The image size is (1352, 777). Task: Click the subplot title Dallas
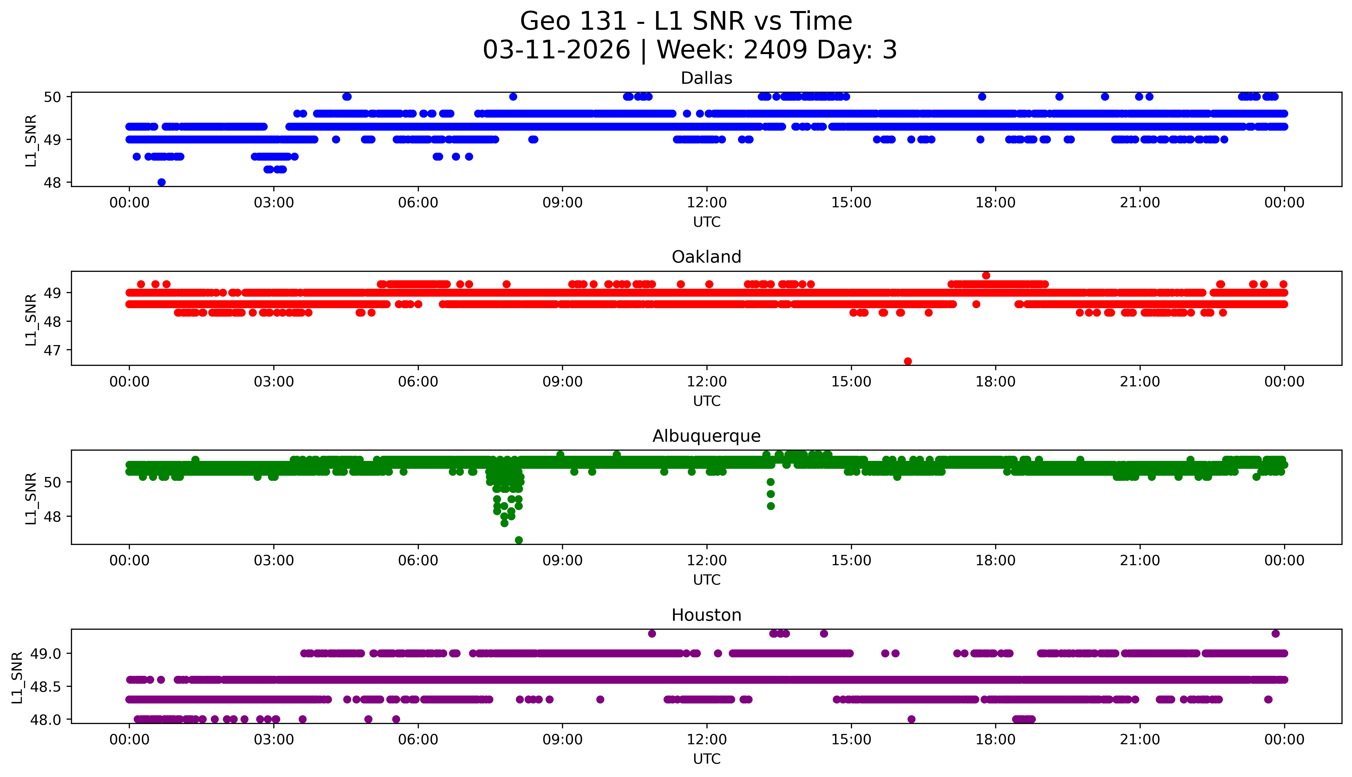[706, 78]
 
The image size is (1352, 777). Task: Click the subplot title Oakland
[706, 257]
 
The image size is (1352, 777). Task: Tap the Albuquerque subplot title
[706, 436]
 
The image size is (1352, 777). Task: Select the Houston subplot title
[706, 615]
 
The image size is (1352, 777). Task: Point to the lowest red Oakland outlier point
[908, 361]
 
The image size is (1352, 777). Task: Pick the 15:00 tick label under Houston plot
[851, 740]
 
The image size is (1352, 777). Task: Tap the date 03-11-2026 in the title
[556, 50]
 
